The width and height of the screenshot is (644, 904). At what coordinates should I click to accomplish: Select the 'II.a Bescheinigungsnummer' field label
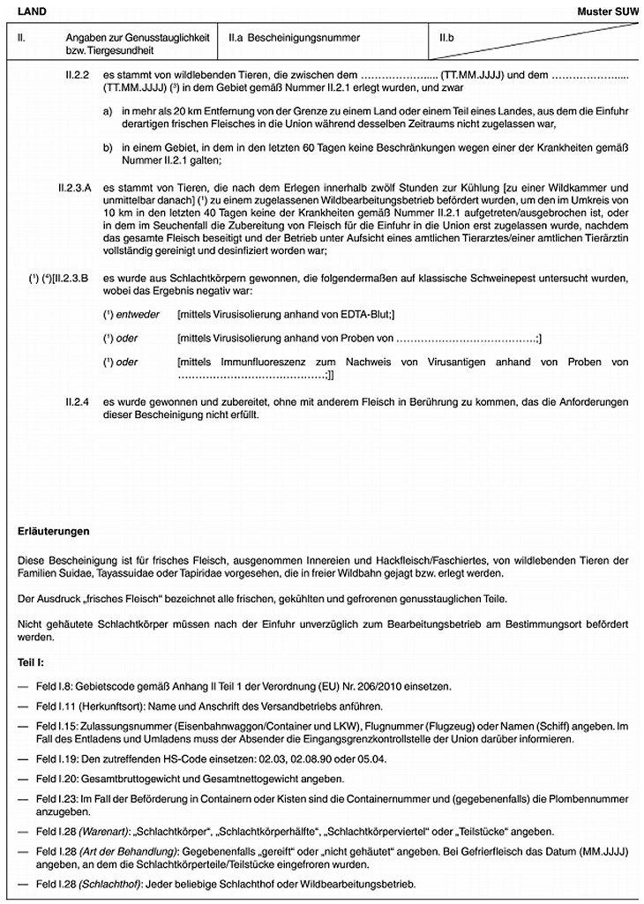coord(282,39)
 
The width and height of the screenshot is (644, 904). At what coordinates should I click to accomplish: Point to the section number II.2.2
coord(79,77)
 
